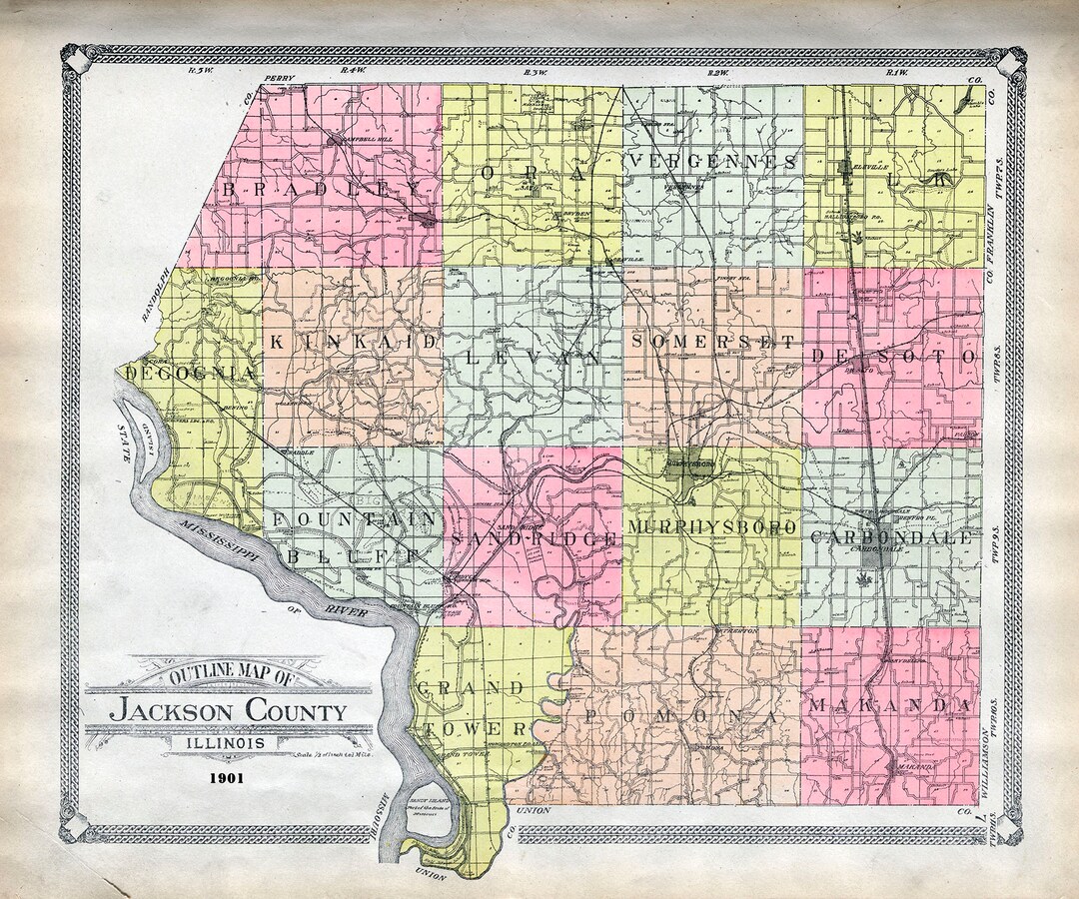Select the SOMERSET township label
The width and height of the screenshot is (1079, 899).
pyautogui.click(x=713, y=343)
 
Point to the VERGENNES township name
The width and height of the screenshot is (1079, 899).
pyautogui.click(x=713, y=162)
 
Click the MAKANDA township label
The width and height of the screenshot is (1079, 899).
pyautogui.click(x=891, y=706)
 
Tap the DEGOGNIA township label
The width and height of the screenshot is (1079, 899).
pyautogui.click(x=189, y=373)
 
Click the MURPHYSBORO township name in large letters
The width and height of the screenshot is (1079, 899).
pyautogui.click(x=712, y=526)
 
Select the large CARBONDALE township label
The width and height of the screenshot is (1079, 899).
pyautogui.click(x=891, y=537)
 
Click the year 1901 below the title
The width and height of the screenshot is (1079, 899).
pyautogui.click(x=230, y=775)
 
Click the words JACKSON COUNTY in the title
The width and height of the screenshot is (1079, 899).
pyautogui.click(x=229, y=712)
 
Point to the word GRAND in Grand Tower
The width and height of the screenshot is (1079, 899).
pyautogui.click(x=471, y=688)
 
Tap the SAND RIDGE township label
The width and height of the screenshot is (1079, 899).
pyautogui.click(x=532, y=538)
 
